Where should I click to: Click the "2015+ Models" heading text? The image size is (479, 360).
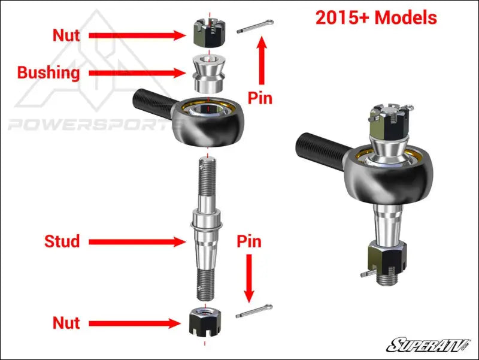(376, 18)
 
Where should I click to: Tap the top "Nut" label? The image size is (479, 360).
(66, 35)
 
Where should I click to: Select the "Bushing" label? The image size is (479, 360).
(48, 73)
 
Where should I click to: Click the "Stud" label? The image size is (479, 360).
(62, 241)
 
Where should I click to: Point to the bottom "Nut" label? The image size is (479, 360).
(66, 323)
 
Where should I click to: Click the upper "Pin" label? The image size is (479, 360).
(260, 98)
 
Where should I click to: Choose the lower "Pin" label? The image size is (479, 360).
(249, 241)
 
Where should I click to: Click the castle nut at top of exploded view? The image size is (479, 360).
(207, 34)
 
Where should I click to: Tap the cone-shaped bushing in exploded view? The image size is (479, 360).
(207, 72)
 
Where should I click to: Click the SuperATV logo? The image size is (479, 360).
(429, 345)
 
